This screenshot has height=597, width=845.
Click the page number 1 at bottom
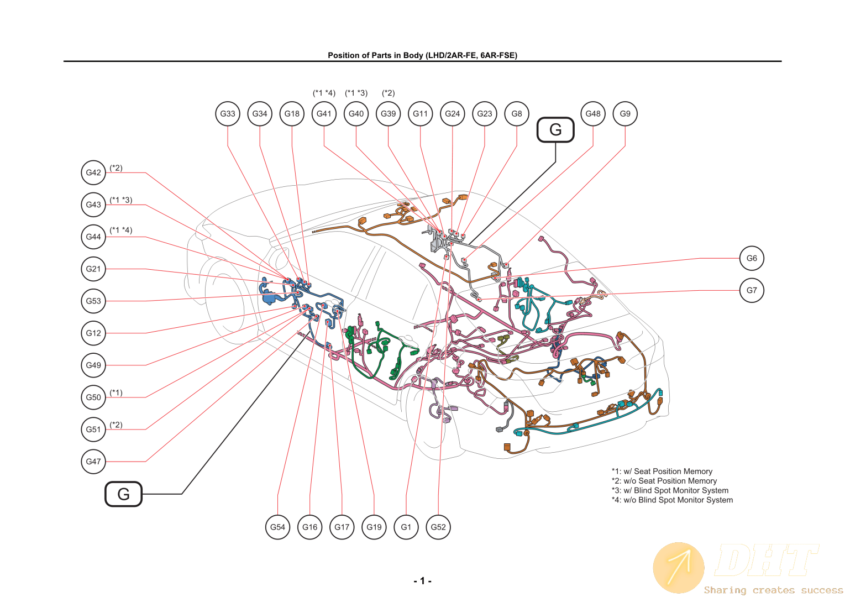[x=422, y=581]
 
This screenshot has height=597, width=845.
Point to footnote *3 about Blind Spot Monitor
[x=670, y=490]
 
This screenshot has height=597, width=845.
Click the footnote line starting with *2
[x=664, y=481]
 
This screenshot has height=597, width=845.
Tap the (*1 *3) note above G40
[x=356, y=93]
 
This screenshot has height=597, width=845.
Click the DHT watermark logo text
[x=766, y=561]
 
